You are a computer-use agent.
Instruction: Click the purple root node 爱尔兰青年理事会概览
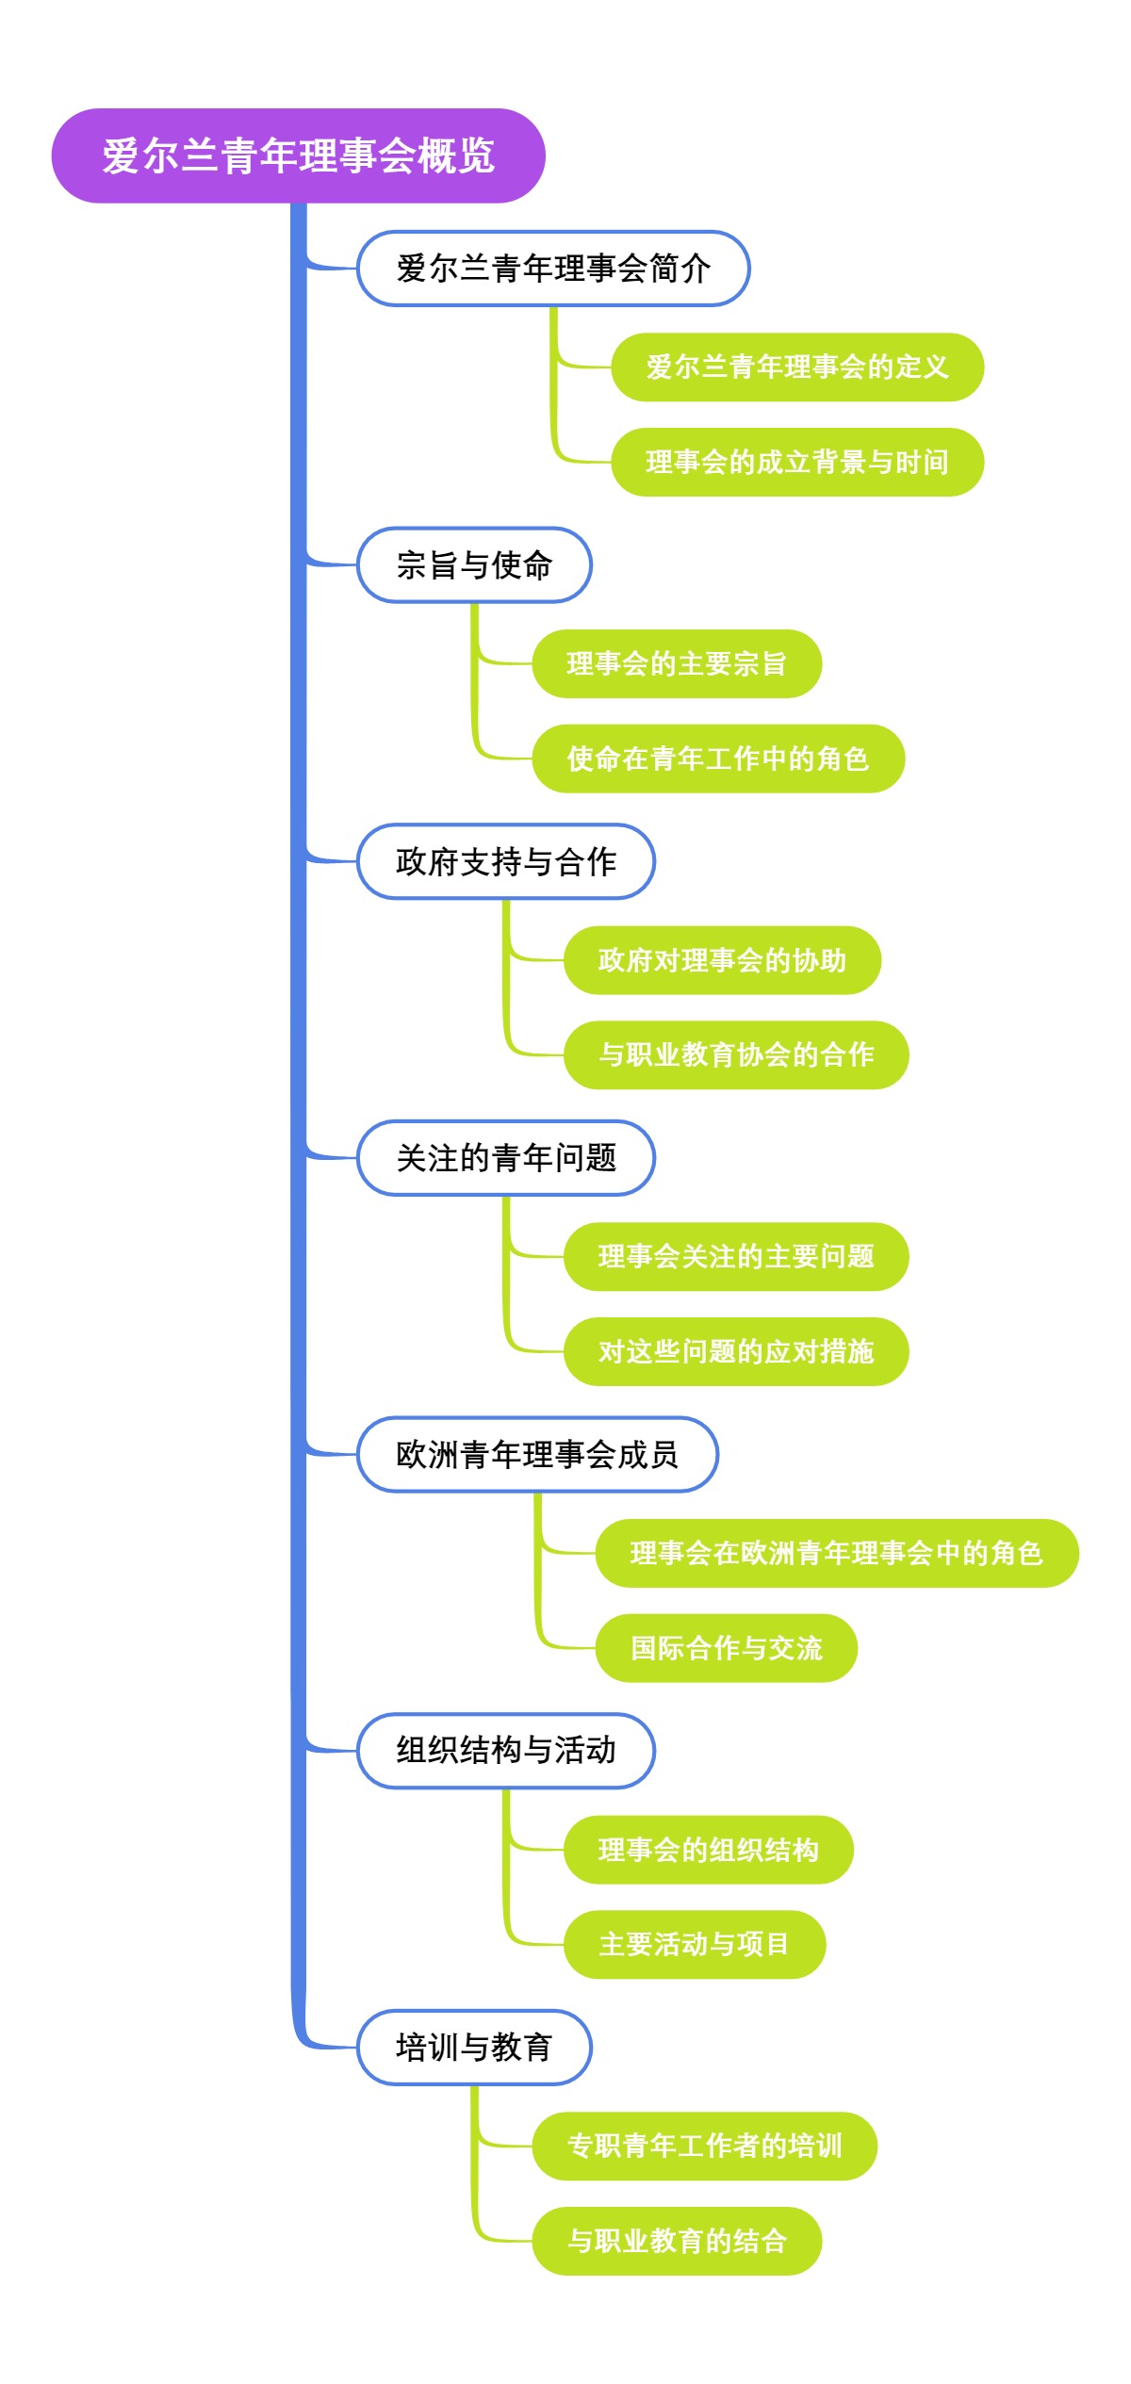point(298,155)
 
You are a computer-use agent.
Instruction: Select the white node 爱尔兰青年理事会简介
point(553,269)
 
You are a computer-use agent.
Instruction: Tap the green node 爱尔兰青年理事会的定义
point(797,367)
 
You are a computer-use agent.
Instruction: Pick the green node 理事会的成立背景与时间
point(797,462)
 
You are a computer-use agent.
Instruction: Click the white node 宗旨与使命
point(474,565)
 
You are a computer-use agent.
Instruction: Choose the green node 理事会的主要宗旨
point(677,664)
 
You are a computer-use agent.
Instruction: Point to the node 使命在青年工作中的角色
point(718,759)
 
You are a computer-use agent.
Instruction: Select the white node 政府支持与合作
point(506,861)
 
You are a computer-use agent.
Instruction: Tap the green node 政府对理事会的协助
point(722,960)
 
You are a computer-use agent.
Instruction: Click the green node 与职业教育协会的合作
point(736,1054)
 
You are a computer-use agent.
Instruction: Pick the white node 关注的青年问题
point(506,1158)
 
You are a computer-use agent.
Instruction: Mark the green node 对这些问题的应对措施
point(736,1351)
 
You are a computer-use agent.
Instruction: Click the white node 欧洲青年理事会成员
point(537,1455)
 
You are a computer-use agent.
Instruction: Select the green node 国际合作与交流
point(726,1648)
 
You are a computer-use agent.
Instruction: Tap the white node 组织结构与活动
point(506,1751)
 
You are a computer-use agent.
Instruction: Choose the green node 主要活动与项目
point(695,1944)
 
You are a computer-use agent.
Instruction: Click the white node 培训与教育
point(474,2048)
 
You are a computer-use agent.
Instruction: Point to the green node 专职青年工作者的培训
point(704,2147)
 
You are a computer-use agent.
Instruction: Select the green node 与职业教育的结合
point(677,2241)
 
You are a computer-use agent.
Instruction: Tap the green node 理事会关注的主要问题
point(736,1257)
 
